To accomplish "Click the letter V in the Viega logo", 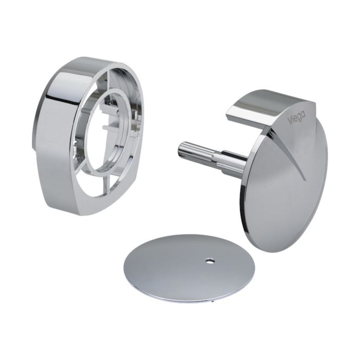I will click(x=289, y=119).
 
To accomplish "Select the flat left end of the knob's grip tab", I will click(x=230, y=112).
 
